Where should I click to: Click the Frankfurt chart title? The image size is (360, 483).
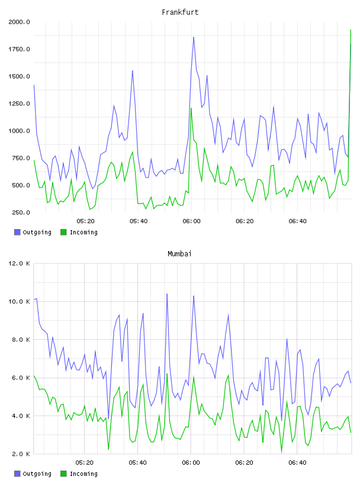click(180, 12)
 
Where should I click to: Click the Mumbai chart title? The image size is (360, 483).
click(179, 254)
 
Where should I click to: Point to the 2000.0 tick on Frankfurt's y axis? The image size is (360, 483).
click(19, 22)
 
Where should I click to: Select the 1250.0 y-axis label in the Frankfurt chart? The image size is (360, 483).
click(19, 104)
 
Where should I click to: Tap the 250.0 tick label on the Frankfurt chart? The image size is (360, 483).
click(21, 212)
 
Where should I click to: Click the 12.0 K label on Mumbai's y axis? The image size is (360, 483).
click(19, 263)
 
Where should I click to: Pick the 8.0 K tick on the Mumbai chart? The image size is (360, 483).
click(21, 339)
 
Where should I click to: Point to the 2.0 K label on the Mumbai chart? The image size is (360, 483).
click(21, 454)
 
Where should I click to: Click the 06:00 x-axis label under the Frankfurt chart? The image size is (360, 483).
click(191, 221)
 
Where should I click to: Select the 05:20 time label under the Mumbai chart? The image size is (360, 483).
click(85, 463)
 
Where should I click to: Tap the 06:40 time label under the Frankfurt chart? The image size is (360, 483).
click(297, 221)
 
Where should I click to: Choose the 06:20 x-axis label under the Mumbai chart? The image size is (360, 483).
click(244, 463)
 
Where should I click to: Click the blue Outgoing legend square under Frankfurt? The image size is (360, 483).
click(17, 232)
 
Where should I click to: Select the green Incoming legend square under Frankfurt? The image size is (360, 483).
click(63, 232)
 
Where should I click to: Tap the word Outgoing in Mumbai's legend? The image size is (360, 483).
click(37, 474)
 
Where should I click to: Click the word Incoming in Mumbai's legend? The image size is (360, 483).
click(83, 474)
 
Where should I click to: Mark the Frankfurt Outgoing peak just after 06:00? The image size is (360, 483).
click(194, 37)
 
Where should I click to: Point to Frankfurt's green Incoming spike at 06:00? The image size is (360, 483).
click(191, 108)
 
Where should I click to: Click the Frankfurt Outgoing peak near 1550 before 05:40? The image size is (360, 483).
click(133, 71)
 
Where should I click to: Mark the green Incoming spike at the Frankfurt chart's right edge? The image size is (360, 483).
click(351, 30)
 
